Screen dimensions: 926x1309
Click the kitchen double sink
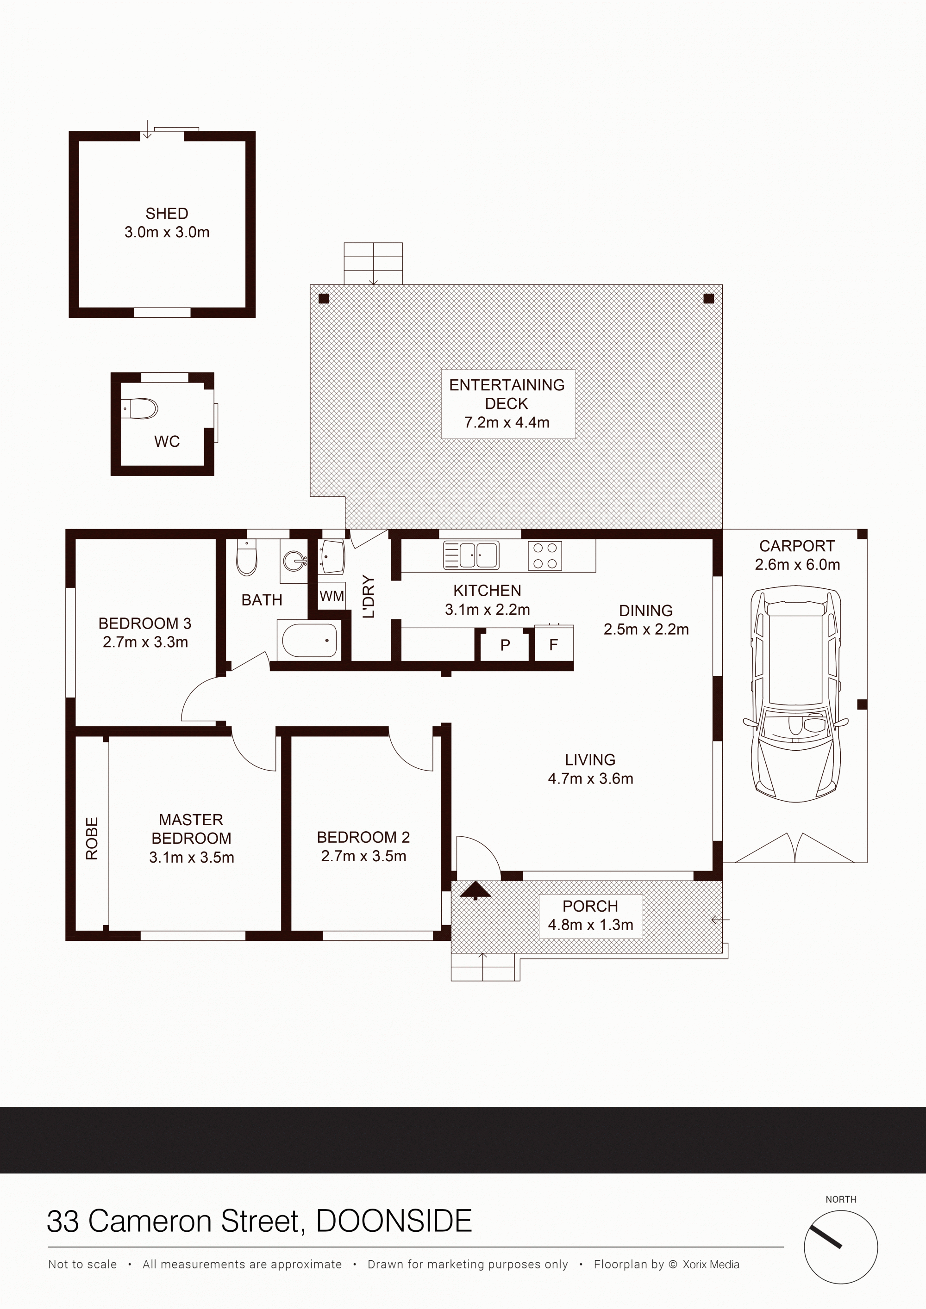point(471,556)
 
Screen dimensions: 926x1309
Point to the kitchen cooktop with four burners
point(545,556)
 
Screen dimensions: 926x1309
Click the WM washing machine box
point(332,596)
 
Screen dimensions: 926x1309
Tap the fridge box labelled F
point(553,645)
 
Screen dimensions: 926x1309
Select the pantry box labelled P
point(505,645)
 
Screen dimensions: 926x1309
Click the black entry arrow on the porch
point(475,890)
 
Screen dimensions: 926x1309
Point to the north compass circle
point(840,1247)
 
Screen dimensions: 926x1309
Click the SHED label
point(167,213)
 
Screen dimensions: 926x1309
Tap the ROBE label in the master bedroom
point(92,838)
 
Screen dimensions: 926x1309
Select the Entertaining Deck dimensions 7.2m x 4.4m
point(507,422)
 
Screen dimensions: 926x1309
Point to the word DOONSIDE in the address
point(394,1221)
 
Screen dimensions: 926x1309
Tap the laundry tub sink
point(332,556)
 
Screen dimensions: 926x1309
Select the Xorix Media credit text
point(711,1265)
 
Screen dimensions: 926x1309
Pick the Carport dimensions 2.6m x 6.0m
point(797,564)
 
